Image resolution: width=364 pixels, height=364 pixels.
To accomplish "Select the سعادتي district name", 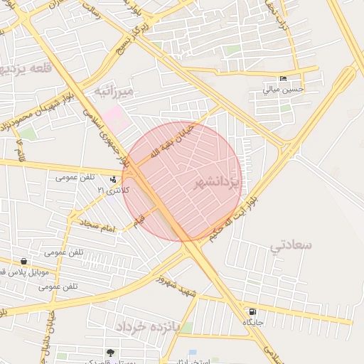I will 291,245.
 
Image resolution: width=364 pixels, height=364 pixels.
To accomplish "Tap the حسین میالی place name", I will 283,90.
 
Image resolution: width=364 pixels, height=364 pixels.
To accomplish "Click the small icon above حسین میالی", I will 284,78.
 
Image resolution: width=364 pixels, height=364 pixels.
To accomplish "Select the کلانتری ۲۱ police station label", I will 114,191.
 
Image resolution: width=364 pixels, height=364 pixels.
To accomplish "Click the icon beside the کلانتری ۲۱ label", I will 114,179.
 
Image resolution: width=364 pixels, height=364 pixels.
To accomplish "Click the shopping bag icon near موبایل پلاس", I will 24,262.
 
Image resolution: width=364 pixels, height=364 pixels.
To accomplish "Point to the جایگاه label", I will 254,323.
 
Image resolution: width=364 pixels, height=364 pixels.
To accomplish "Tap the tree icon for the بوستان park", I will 109,352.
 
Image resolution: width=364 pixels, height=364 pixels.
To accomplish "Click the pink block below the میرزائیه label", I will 116,117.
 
